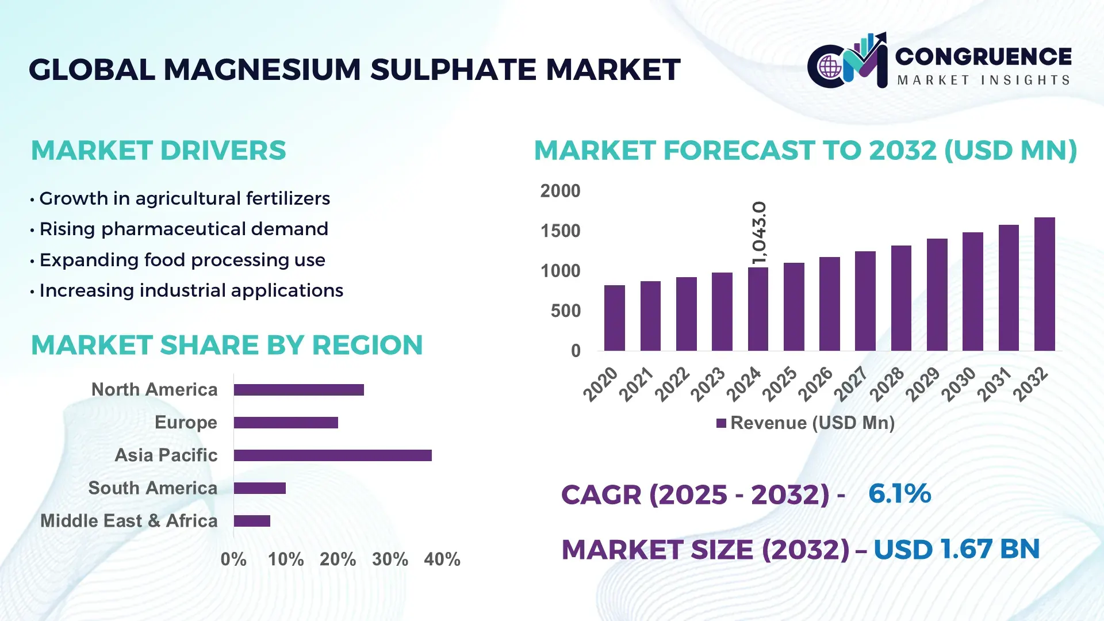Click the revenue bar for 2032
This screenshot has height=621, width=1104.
(1044, 284)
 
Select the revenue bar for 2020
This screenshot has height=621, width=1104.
(614, 318)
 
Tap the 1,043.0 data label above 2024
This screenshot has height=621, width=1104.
(759, 233)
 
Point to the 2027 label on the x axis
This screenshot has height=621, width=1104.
(850, 384)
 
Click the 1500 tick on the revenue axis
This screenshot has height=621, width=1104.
(560, 231)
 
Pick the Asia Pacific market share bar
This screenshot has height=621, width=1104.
(332, 455)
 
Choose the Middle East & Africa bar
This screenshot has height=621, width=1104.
(252, 521)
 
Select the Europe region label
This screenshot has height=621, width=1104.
(186, 423)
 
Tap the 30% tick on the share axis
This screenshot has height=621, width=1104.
(390, 559)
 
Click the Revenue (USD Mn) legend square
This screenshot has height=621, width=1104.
(721, 423)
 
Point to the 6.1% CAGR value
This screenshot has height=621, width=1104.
(899, 494)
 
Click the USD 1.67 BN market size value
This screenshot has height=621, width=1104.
(956, 549)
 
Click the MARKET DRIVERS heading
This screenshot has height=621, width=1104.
(158, 151)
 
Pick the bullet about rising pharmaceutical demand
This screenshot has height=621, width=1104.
(183, 229)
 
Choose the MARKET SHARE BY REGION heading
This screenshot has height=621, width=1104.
(227, 345)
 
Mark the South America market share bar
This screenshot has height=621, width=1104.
(260, 488)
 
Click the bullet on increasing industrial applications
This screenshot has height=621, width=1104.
(191, 290)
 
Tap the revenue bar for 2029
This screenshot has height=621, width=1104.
(937, 294)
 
